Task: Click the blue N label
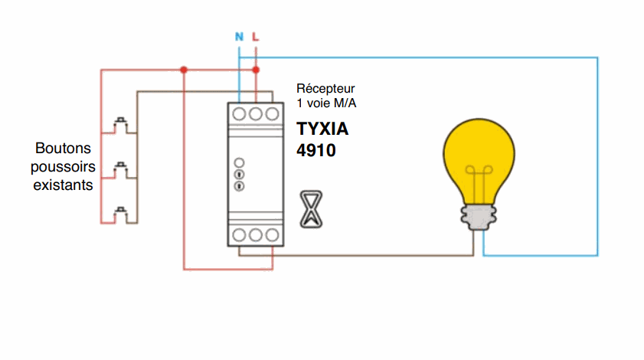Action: (239, 37)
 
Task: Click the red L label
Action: (256, 37)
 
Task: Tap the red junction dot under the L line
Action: (256, 70)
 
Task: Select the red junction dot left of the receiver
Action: (184, 70)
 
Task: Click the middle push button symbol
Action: (120, 168)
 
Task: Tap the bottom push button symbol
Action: (120, 213)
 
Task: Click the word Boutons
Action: (64, 148)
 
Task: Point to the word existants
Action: (64, 185)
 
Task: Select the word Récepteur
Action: (325, 89)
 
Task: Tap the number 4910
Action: (316, 150)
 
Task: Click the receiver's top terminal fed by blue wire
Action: (240, 113)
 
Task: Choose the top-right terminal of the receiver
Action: (271, 113)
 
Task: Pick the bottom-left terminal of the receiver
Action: (240, 234)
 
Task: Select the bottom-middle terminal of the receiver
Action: (256, 234)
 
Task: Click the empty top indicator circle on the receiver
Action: (238, 162)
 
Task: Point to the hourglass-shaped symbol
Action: (309, 208)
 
